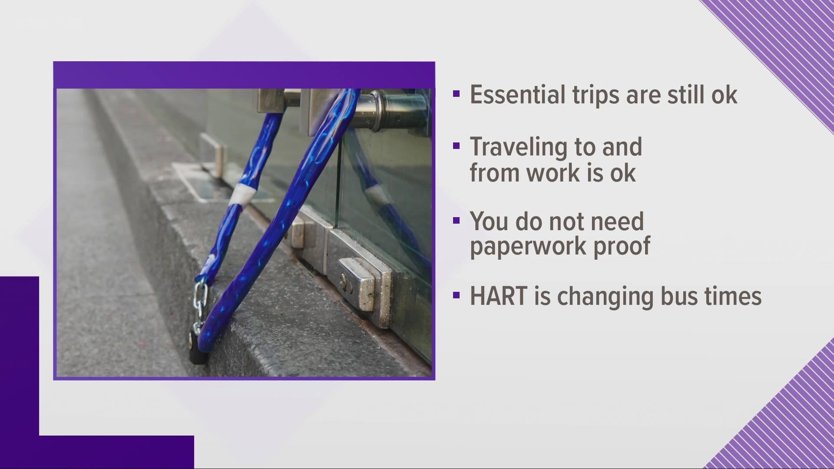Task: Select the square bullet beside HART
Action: coord(456,296)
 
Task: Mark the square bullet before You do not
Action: coord(456,221)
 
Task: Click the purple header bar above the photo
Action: coord(244,75)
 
